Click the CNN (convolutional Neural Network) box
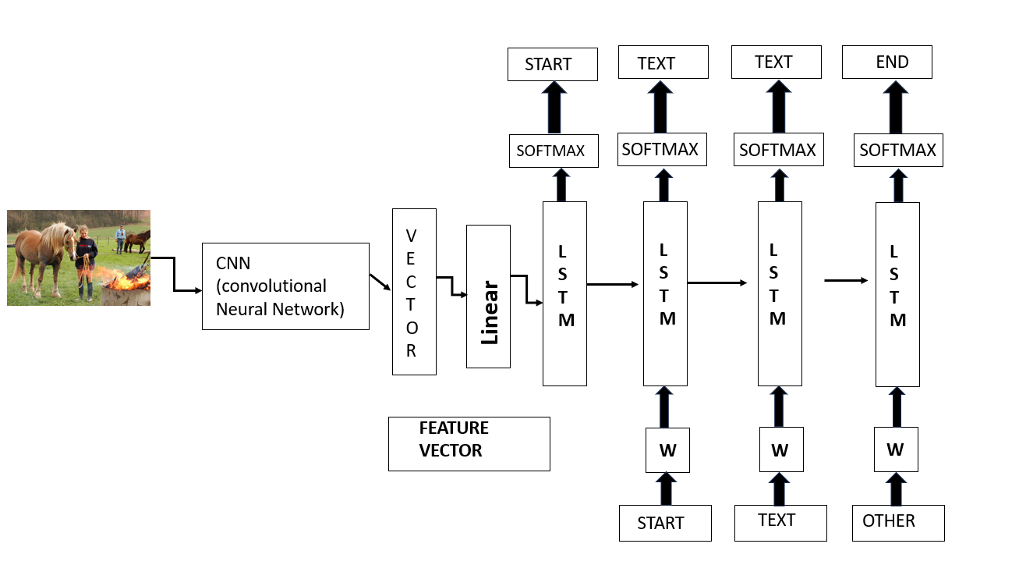[285, 286]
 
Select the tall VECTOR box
[414, 291]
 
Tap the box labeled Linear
[488, 296]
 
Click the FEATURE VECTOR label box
[469, 443]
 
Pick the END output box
[887, 63]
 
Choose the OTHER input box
[898, 522]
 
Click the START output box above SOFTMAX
[552, 64]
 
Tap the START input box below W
[665, 523]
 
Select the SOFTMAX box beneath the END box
[898, 150]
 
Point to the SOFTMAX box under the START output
[552, 151]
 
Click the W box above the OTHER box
[895, 449]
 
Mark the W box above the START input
[667, 450]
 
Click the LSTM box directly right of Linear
[564, 293]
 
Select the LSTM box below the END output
[897, 294]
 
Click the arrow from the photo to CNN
[175, 275]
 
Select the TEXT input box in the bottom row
[780, 521]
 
